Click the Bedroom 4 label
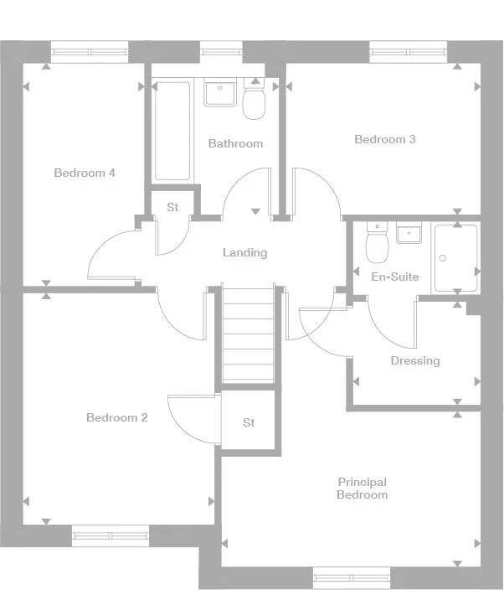pos(85,173)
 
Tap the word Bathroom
pos(235,143)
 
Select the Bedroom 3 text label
pos(385,139)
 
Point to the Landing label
pos(244,252)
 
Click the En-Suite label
pos(395,277)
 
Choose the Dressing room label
pos(414,361)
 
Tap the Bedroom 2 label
pos(117,417)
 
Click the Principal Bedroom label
pos(362,489)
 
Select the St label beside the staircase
pos(249,423)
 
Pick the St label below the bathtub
pos(172,207)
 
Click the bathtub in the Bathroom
pos(172,130)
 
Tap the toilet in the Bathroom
pos(254,101)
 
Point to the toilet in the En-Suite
pos(377,244)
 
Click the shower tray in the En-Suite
pos(455,258)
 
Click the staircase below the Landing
pos(248,333)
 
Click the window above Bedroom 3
pos(409,52)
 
